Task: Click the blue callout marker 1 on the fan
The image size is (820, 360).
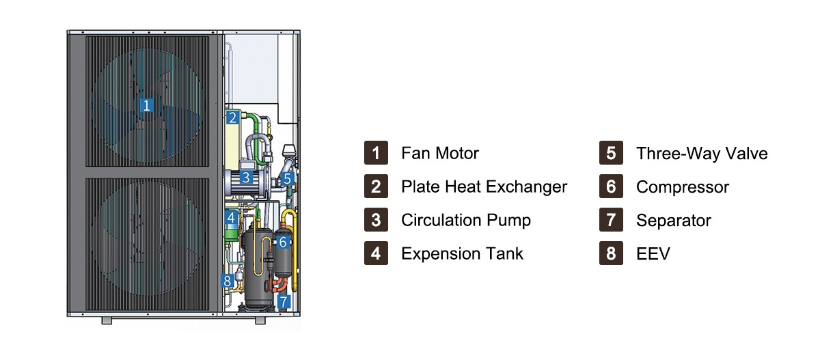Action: click(x=146, y=105)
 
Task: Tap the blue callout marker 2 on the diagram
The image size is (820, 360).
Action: click(x=232, y=117)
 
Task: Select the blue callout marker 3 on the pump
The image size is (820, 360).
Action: click(x=246, y=178)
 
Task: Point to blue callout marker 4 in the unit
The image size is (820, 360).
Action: click(x=231, y=218)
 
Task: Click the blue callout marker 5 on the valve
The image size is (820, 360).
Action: click(x=288, y=178)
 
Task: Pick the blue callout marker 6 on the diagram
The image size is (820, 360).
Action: click(x=283, y=242)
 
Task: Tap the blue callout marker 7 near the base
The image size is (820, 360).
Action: click(x=284, y=301)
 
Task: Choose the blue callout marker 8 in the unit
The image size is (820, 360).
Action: click(x=228, y=281)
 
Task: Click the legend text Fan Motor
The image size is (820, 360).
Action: click(x=440, y=153)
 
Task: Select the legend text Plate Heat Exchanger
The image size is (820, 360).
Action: click(x=484, y=186)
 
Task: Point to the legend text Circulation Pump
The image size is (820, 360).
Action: click(x=466, y=220)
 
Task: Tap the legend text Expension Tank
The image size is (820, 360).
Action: click(x=463, y=253)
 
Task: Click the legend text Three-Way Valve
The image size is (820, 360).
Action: click(x=702, y=153)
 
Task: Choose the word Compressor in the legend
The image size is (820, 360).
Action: click(x=683, y=187)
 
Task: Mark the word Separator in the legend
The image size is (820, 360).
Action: click(x=674, y=221)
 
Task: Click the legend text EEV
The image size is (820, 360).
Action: click(x=653, y=253)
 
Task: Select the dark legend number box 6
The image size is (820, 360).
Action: click(x=611, y=186)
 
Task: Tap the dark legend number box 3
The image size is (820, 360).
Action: click(x=376, y=219)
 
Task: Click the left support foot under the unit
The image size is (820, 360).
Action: click(x=107, y=320)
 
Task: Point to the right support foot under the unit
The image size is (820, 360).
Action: click(x=260, y=320)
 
